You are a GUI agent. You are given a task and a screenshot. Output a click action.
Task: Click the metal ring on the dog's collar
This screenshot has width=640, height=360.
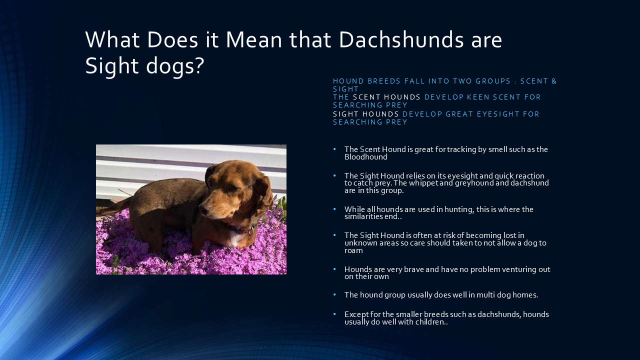[x=250, y=232]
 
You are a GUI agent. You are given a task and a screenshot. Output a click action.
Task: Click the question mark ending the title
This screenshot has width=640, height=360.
[x=199, y=66]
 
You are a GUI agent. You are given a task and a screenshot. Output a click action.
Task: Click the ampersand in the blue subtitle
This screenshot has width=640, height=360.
[x=553, y=81]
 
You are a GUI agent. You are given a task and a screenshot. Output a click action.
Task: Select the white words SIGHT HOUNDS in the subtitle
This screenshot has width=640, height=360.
[x=366, y=114]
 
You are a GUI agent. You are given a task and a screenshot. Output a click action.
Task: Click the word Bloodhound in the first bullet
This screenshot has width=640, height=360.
[x=365, y=157]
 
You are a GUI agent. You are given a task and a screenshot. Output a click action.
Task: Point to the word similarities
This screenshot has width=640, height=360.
[x=364, y=216]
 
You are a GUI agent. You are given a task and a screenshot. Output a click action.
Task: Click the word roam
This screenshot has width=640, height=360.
[x=353, y=250]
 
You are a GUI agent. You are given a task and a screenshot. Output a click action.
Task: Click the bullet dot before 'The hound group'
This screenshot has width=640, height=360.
[x=334, y=295]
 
